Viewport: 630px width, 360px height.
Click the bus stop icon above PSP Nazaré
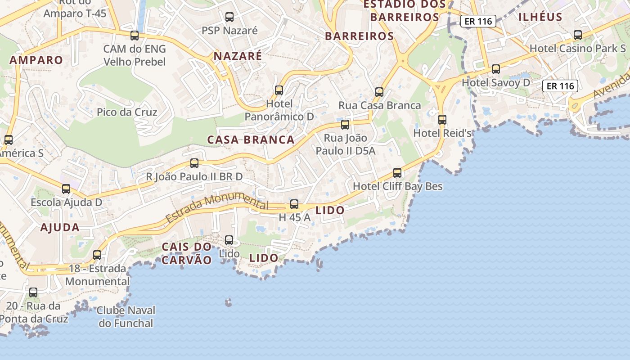coord(229,17)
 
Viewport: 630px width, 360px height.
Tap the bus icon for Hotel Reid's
coord(442,119)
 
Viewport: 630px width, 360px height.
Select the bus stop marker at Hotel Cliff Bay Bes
coord(397,172)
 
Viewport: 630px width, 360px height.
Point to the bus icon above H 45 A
coord(294,204)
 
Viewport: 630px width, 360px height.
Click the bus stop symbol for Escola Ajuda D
coord(66,189)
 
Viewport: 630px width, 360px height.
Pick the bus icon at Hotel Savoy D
coord(496,69)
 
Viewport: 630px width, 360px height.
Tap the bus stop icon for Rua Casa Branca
coord(379,92)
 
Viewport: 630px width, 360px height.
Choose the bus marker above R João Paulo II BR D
coord(194,163)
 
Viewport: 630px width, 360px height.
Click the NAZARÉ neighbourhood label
coord(238,56)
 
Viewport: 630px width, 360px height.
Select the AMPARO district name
coord(36,60)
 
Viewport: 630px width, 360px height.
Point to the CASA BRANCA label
coord(251,140)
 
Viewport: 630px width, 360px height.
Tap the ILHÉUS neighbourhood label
coord(540,18)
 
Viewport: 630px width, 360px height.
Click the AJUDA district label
coord(60,228)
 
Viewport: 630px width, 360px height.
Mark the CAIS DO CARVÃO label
coord(186,253)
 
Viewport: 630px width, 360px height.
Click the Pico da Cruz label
coord(127,112)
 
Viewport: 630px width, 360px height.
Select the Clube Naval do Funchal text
coord(126,317)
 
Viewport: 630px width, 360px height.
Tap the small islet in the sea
coord(229,302)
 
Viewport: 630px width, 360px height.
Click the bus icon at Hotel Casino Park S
coord(578,35)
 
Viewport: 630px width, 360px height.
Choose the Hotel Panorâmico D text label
coord(279,110)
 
